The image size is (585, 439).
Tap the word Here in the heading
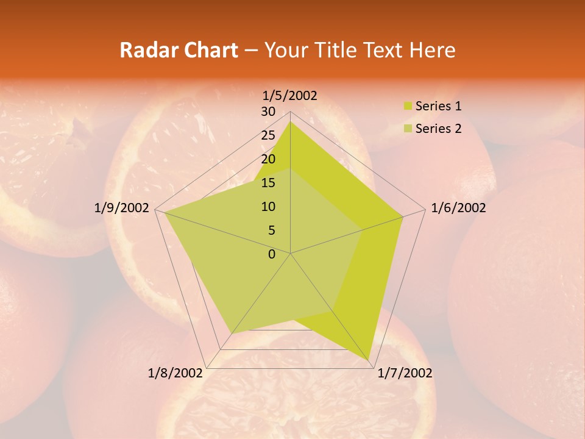click(x=432, y=50)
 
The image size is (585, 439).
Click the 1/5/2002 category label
click(x=290, y=95)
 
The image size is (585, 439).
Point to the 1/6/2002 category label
click(x=458, y=208)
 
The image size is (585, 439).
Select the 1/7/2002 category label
click(x=405, y=373)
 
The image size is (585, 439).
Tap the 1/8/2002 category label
click(x=175, y=373)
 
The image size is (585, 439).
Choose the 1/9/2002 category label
click(x=122, y=208)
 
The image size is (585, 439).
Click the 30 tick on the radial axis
click(x=268, y=112)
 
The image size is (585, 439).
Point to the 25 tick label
click(x=268, y=135)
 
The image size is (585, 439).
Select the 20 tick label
click(x=268, y=159)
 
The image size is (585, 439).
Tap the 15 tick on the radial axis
click(x=268, y=183)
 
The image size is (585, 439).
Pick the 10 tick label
click(x=268, y=207)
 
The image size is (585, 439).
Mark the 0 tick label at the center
click(x=272, y=254)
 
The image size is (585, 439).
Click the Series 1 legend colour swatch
click(x=408, y=106)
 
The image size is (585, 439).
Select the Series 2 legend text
click(x=438, y=129)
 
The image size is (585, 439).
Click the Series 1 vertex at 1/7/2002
click(x=369, y=360)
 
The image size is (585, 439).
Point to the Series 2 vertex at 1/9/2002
click(x=164, y=212)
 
